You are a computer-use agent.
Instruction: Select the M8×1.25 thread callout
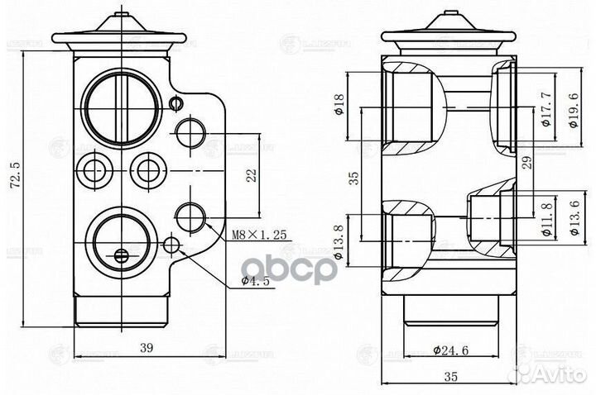[x=258, y=235]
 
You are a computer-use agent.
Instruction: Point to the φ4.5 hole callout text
[x=257, y=281]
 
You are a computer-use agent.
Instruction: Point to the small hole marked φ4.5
[x=172, y=245]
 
